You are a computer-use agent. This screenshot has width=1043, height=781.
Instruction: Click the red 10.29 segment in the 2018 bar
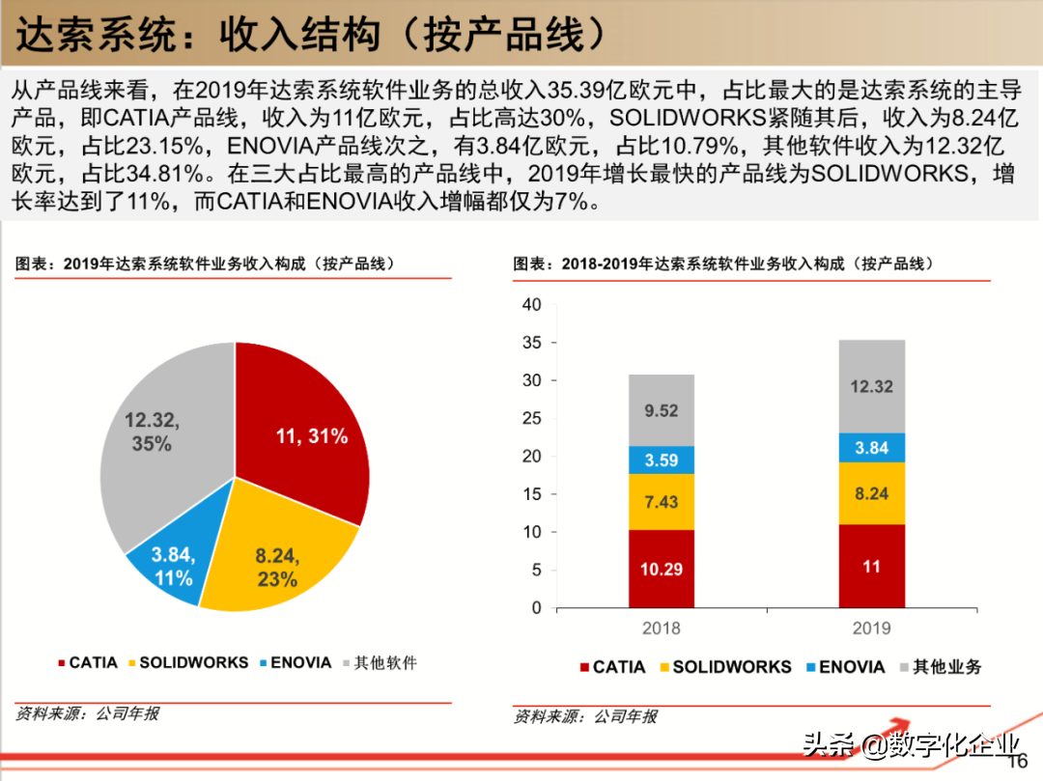pyautogui.click(x=662, y=569)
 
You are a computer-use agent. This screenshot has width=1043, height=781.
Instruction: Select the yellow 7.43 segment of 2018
pyautogui.click(x=662, y=502)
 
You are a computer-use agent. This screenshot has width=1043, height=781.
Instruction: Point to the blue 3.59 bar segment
pyautogui.click(x=662, y=460)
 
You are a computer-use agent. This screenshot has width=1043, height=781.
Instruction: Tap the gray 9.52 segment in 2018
pyautogui.click(x=662, y=410)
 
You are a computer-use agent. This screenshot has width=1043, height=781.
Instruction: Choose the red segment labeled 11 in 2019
pyautogui.click(x=872, y=566)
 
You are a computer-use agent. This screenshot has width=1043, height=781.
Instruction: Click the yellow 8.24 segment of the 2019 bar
pyautogui.click(x=872, y=493)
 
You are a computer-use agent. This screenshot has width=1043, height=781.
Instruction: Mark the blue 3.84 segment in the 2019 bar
pyautogui.click(x=872, y=447)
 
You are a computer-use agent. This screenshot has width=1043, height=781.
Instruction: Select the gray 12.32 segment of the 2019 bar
pyautogui.click(x=872, y=386)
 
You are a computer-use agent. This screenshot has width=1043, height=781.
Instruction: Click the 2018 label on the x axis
pyautogui.click(x=662, y=628)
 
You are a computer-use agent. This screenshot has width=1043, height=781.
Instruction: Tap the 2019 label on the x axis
pyautogui.click(x=872, y=628)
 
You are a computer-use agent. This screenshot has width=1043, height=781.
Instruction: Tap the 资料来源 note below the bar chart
pyautogui.click(x=585, y=716)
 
